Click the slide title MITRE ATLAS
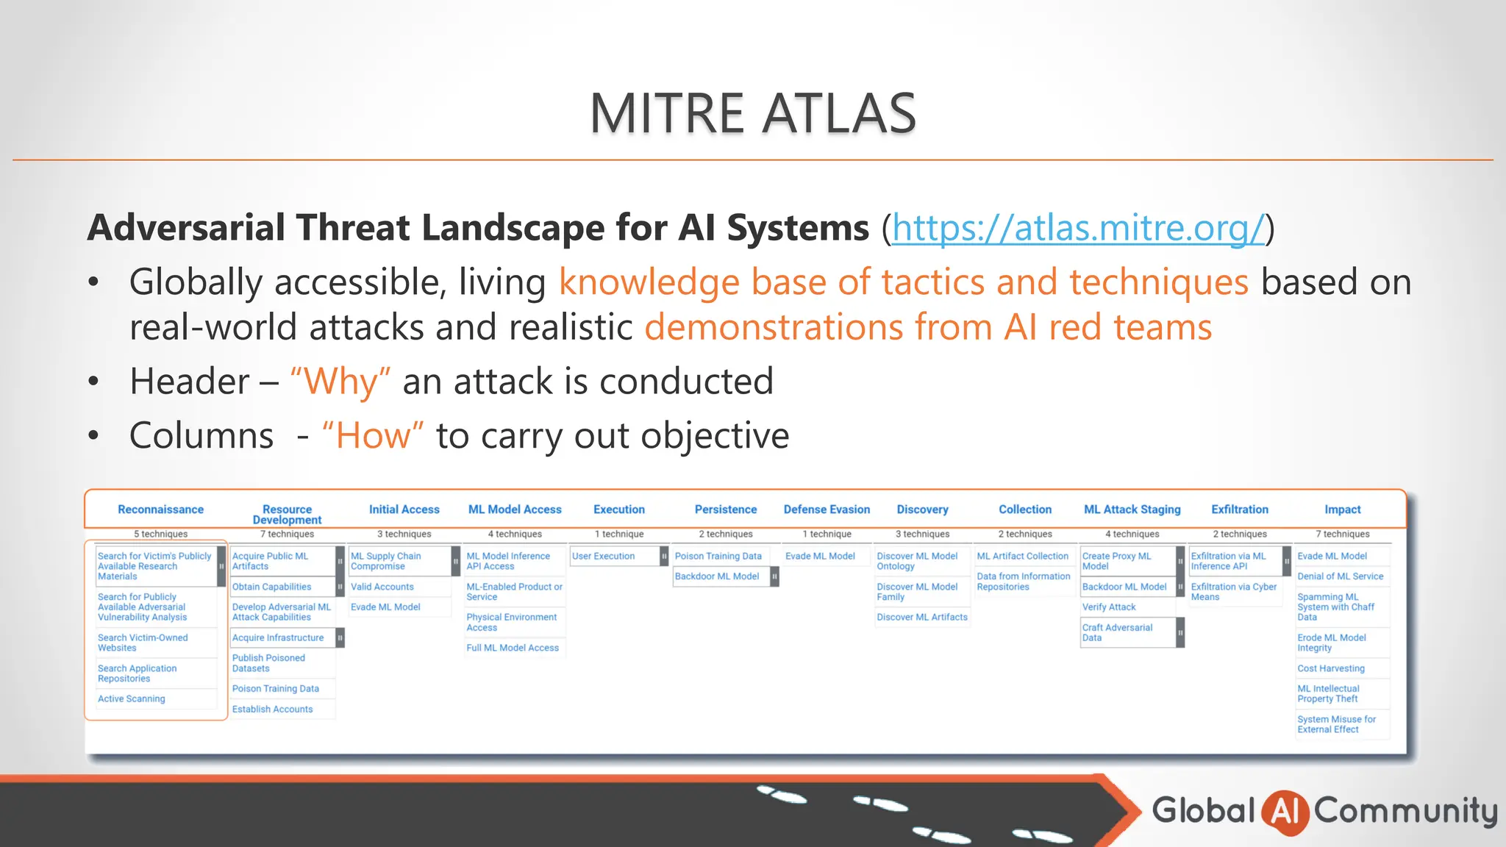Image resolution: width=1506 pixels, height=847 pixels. coord(752,113)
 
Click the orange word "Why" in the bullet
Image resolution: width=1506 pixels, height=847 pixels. coord(340,382)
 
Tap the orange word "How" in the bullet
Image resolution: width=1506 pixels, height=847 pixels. coord(373,436)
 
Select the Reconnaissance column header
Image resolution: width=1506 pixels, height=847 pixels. coord(160,510)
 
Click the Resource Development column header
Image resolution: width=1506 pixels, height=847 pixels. coord(287,514)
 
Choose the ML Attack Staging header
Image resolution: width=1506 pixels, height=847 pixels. coord(1132,510)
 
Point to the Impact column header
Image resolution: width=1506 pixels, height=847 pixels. coord(1342,510)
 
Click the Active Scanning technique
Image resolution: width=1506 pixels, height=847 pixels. coord(132,698)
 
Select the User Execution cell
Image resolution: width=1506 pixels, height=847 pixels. coord(603,556)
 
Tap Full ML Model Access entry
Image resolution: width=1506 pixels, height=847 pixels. coord(513,648)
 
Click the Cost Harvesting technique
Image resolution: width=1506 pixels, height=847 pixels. coord(1330,668)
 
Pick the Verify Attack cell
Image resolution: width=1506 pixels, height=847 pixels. coord(1108,607)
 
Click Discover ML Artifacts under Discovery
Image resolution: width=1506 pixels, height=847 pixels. coord(921,617)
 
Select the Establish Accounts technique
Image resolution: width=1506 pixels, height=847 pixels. coord(272,709)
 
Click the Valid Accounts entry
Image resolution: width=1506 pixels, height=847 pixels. coord(382,587)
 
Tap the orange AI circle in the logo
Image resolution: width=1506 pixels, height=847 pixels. coord(1284,811)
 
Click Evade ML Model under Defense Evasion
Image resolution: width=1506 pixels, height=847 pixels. coord(820,556)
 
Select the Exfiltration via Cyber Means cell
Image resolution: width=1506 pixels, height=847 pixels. coord(1233,592)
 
